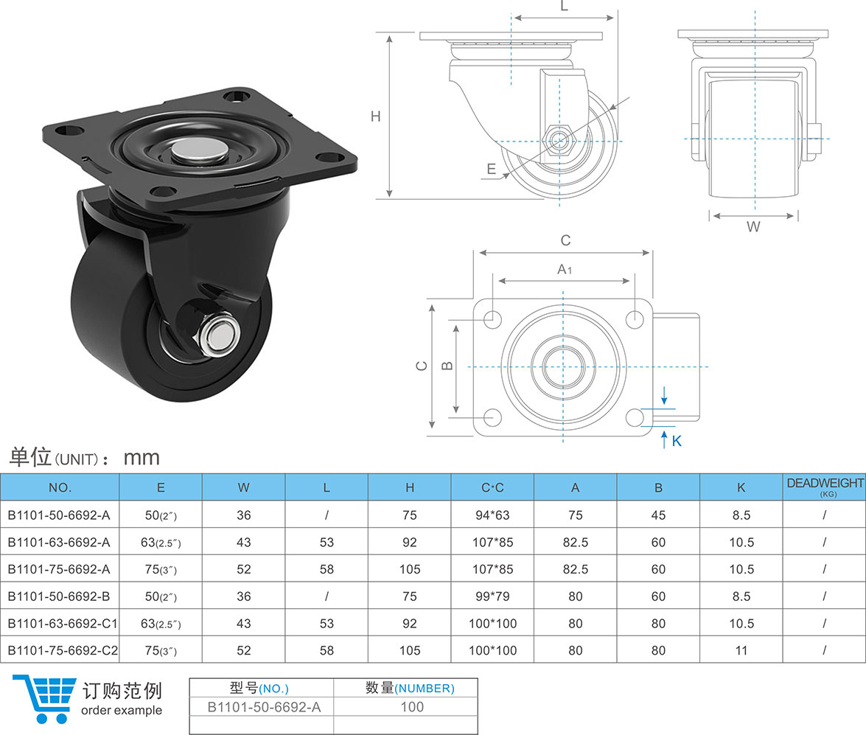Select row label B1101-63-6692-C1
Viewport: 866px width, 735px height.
coord(62,623)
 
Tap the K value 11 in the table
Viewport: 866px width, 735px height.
coord(741,650)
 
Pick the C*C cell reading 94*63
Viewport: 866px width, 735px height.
coord(492,515)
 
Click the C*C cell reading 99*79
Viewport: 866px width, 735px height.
coord(492,596)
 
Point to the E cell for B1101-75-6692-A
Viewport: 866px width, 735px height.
coord(160,569)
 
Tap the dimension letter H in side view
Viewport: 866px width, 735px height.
coord(376,116)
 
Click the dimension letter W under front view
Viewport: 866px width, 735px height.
coord(752,227)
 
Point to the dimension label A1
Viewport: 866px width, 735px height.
coord(565,269)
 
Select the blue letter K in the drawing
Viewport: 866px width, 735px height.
coord(677,441)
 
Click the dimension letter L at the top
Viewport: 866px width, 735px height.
coord(564,7)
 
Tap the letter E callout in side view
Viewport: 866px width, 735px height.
coord(492,169)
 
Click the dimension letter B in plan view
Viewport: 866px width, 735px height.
coord(445,366)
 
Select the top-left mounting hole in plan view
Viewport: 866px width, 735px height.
coord(492,318)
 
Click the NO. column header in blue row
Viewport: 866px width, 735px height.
coord(60,487)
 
